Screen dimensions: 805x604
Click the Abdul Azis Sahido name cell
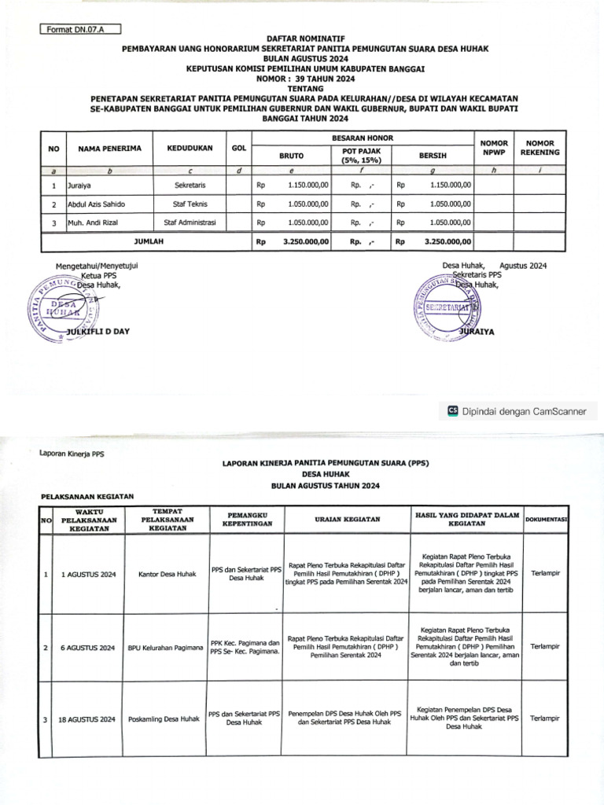[98, 204]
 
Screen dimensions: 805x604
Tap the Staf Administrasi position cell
[190, 223]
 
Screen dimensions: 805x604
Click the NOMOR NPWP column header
[494, 147]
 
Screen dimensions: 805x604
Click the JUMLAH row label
[149, 242]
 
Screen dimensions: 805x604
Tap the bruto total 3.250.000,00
[302, 242]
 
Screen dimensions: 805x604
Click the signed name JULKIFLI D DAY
[99, 332]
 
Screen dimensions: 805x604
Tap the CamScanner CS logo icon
[452, 410]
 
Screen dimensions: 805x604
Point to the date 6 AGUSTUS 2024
[88, 647]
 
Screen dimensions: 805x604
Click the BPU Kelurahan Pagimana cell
[165, 647]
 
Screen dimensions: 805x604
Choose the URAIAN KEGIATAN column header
[347, 520]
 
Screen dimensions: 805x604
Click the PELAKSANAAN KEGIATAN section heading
[87, 496]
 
